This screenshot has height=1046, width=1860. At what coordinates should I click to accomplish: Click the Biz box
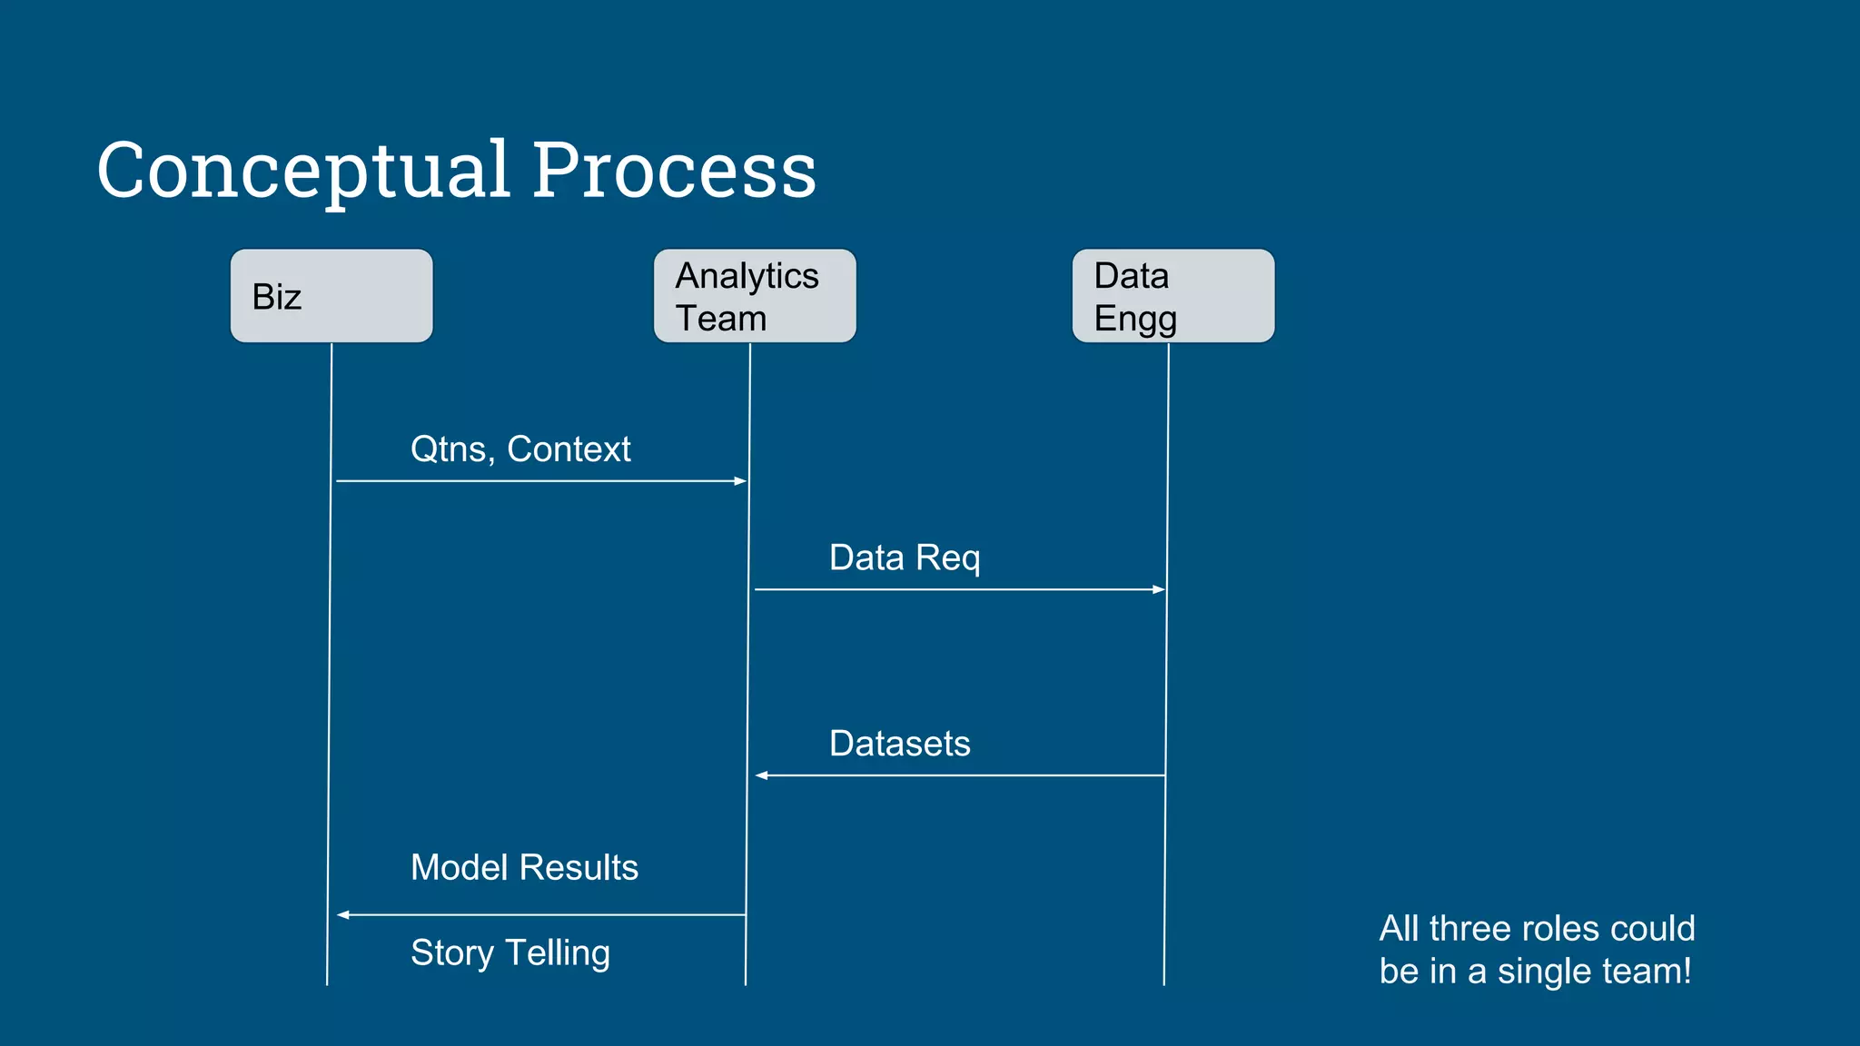pyautogui.click(x=331, y=296)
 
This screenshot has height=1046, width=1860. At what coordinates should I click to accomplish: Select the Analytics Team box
pyautogui.click(x=755, y=296)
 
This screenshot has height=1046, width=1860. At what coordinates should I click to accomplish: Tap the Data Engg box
pyautogui.click(x=1173, y=296)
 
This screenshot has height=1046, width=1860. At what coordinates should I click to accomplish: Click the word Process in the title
pyautogui.click(x=674, y=171)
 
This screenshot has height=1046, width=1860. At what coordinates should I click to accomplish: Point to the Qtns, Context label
pyautogui.click(x=520, y=449)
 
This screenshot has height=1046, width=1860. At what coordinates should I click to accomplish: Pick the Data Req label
pyautogui.click(x=905, y=558)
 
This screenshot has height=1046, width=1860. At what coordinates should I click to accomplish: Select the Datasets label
pyautogui.click(x=899, y=744)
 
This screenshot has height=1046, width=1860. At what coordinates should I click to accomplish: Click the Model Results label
pyautogui.click(x=524, y=868)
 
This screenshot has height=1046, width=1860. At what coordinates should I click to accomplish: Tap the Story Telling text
pyautogui.click(x=510, y=953)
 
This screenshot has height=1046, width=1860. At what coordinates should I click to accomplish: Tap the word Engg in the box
pyautogui.click(x=1135, y=320)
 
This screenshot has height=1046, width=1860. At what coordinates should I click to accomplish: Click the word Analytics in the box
pyautogui.click(x=747, y=276)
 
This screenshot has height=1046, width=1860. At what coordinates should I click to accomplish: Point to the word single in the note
pyautogui.click(x=1546, y=972)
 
